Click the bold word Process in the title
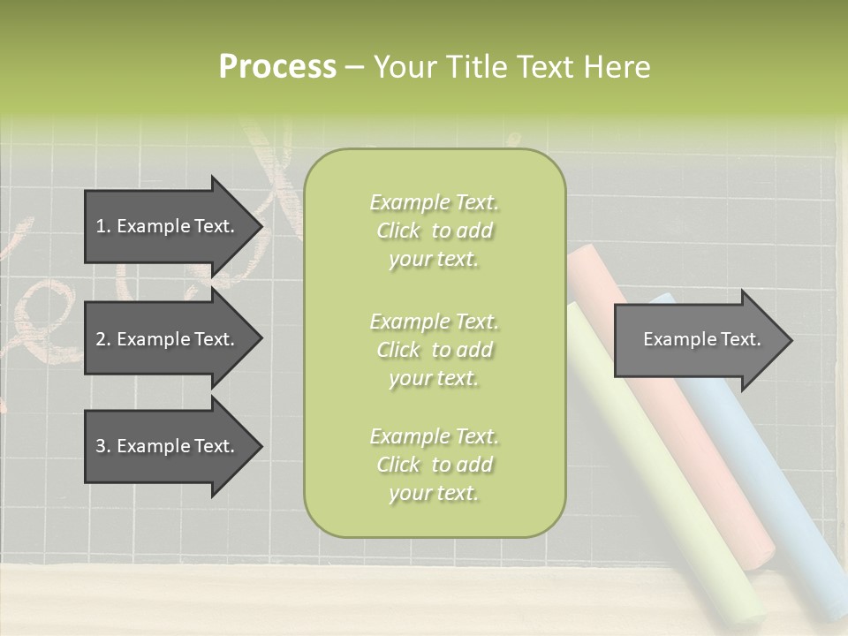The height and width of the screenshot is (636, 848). (277, 67)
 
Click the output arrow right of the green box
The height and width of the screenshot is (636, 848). (698, 339)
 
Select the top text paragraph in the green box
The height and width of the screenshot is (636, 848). (434, 231)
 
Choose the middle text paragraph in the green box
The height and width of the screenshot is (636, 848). (434, 350)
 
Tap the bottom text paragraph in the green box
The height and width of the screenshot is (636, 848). (434, 465)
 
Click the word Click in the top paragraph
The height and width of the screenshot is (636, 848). (398, 231)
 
